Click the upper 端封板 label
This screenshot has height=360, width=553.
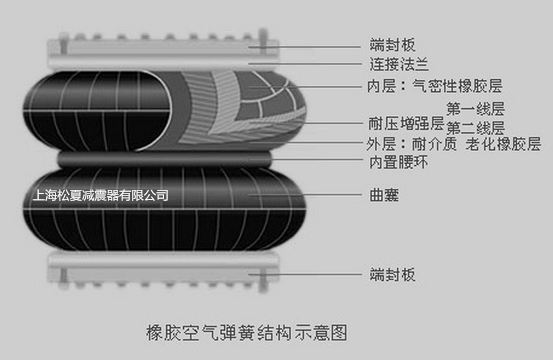point(392,45)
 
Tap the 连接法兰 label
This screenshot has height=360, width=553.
point(399,64)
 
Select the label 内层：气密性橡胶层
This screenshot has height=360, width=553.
point(434,86)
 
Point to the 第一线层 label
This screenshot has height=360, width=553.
point(475,109)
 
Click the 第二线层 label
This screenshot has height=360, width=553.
point(475,128)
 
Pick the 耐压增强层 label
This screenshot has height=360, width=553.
point(406,124)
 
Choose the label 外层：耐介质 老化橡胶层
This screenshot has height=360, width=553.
point(454,144)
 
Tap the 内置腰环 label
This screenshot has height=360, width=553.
point(399,162)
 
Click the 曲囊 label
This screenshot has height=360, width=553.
point(384,195)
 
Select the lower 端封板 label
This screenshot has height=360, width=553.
point(392,274)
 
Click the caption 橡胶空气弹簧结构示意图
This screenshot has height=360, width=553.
point(247,332)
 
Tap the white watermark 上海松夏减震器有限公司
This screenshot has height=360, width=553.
point(101,195)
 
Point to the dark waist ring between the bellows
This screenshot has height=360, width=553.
point(165,159)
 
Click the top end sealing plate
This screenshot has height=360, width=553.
point(163,46)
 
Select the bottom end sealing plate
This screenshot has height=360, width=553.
point(163,274)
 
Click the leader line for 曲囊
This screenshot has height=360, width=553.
point(305,195)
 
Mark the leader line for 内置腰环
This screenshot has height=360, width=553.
point(306,159)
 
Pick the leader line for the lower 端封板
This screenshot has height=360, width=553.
point(305,274)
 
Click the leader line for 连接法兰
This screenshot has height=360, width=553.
point(305,64)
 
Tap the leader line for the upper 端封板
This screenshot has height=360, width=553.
point(305,46)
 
